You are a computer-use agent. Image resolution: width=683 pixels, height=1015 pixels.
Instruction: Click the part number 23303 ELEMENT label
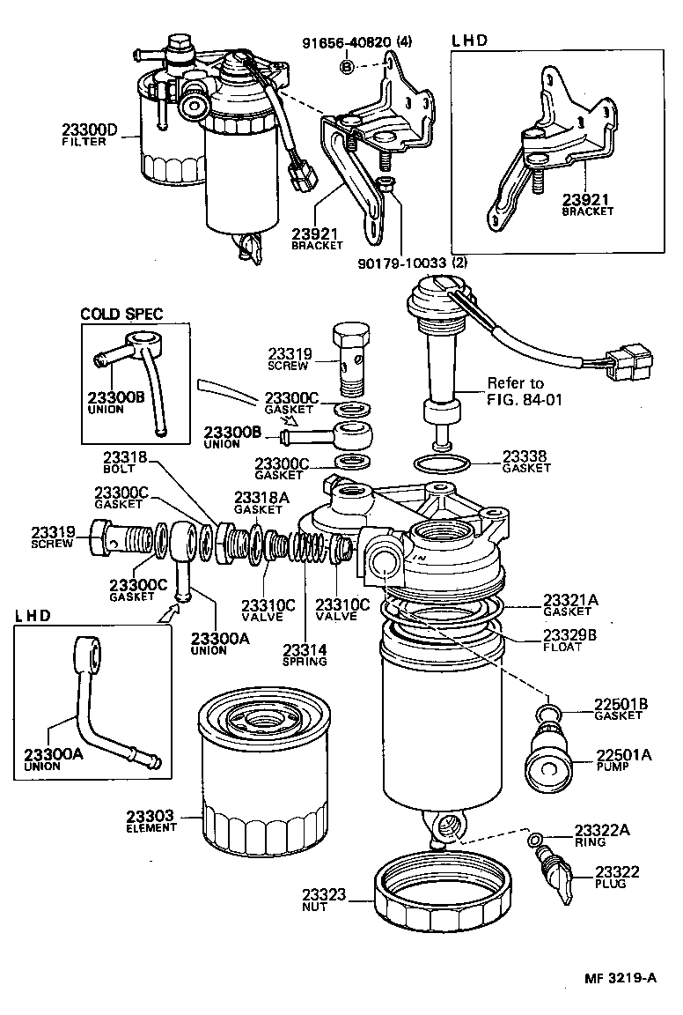tap(152, 821)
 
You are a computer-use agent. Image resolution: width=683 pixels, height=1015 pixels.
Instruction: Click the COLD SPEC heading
tap(122, 315)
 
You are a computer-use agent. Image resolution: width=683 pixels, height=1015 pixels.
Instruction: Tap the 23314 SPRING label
tap(305, 655)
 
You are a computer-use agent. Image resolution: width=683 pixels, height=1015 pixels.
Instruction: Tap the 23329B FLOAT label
tap(570, 638)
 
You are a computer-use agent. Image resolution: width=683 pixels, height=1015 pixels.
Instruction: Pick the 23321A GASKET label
tap(570, 604)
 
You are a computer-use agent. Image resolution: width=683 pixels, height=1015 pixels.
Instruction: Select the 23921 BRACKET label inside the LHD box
tap(588, 205)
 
